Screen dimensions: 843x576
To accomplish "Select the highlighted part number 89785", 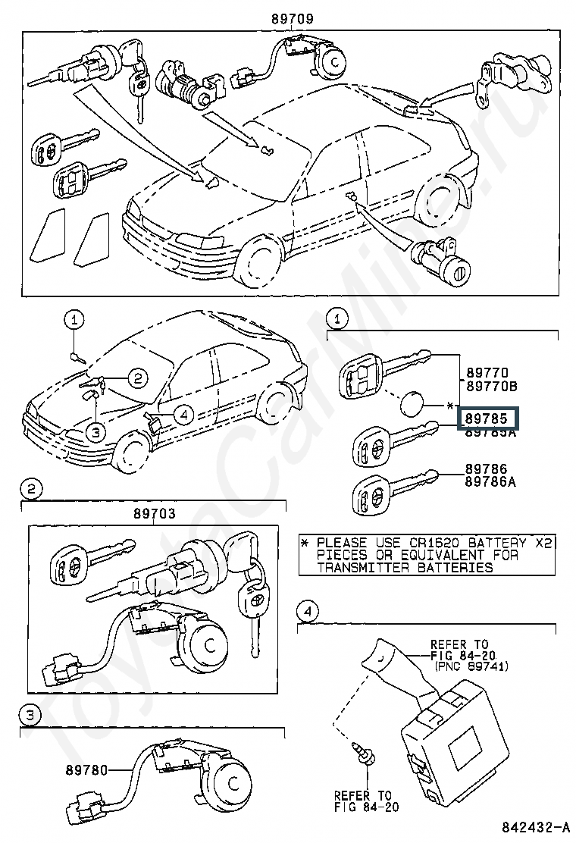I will (485, 418).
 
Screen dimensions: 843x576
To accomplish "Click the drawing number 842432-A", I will (534, 826).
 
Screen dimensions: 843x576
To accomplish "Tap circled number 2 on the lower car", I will (135, 377).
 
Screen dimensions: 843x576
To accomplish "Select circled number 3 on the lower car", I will (94, 432).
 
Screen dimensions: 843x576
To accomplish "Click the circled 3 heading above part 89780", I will (30, 714).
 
